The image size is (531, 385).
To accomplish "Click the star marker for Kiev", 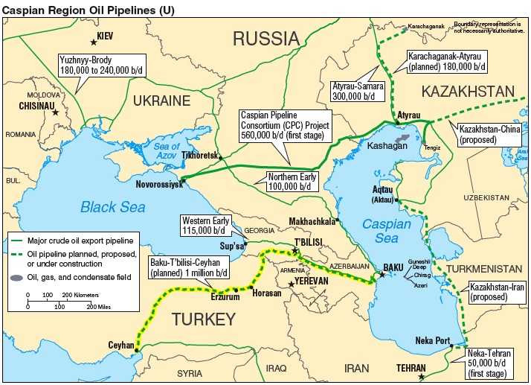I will pyautogui.click(x=94, y=42).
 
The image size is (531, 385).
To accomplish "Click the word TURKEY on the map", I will pyautogui.click(x=204, y=319).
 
